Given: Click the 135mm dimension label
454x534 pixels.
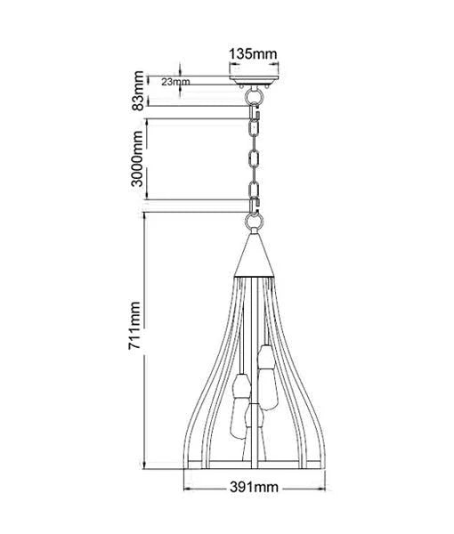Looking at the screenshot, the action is pos(253,53).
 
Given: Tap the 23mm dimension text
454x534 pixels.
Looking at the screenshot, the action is pos(175,82).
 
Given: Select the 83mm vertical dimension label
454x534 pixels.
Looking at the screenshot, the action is pos(138,91).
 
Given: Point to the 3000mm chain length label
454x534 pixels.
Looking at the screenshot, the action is pos(137,158).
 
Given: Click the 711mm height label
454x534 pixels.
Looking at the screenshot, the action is pos(134,325).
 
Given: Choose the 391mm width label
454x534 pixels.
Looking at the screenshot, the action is pos(254,487).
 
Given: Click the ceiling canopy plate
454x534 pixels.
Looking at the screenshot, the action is pos(254,81).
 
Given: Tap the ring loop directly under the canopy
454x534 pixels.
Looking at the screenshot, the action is pos(254,95).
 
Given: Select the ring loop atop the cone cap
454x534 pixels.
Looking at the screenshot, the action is pos(254,222).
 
